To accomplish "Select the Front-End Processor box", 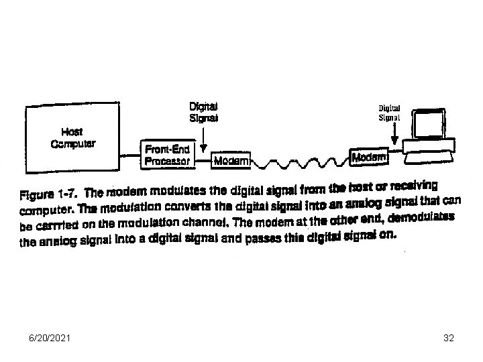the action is (x=168, y=154).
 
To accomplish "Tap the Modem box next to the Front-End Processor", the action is (x=231, y=161).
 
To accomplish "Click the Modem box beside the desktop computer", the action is (x=370, y=157).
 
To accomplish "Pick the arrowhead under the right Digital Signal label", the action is (x=394, y=142).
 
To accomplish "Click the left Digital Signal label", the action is (x=204, y=112).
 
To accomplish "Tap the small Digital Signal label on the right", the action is (x=390, y=111).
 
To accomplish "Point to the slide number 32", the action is (x=449, y=339).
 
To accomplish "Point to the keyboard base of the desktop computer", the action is (x=429, y=153).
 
